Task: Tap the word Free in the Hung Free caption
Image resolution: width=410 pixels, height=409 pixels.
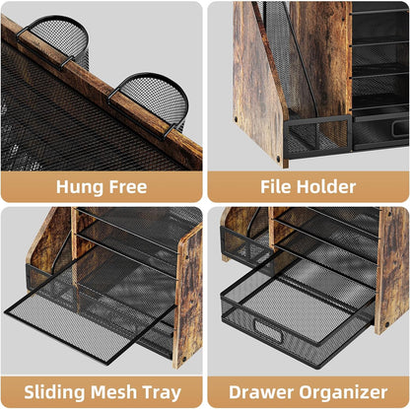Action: point(132,186)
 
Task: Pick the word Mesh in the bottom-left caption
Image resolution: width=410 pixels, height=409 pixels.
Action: point(117,391)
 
